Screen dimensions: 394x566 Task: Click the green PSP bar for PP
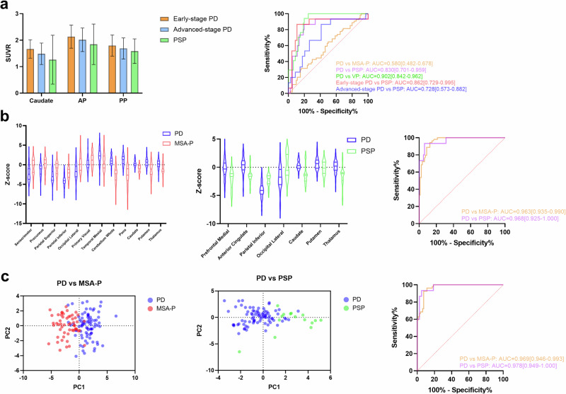(134, 71)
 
